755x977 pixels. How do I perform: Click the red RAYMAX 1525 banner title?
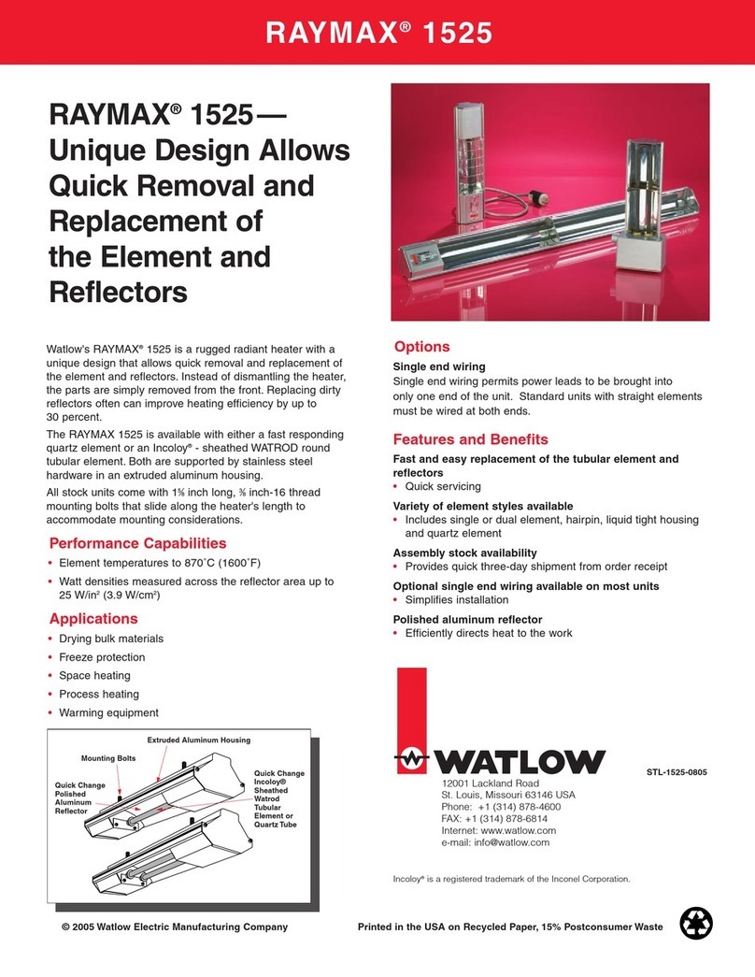coord(377,33)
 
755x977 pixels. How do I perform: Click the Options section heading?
coord(421,346)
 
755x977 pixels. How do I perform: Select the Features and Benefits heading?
coord(470,438)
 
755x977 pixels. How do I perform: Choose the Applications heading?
coord(93,618)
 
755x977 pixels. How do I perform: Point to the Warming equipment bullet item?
coord(108,712)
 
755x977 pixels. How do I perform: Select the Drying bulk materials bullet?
coord(110,639)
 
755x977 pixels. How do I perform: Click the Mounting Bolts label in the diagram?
coord(108,758)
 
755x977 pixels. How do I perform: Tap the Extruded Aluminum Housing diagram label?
coord(198,740)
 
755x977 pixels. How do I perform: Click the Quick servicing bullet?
coord(442,486)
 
